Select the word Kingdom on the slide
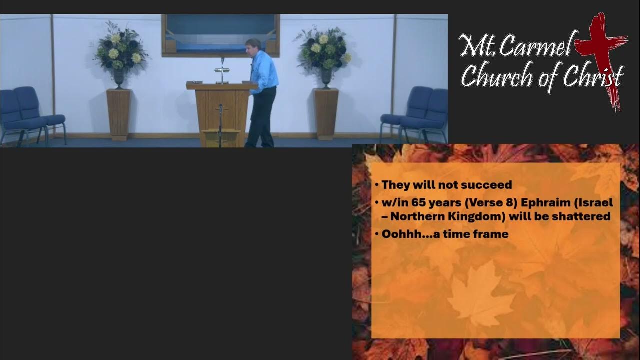(480, 216)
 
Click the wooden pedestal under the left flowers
(118, 114)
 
